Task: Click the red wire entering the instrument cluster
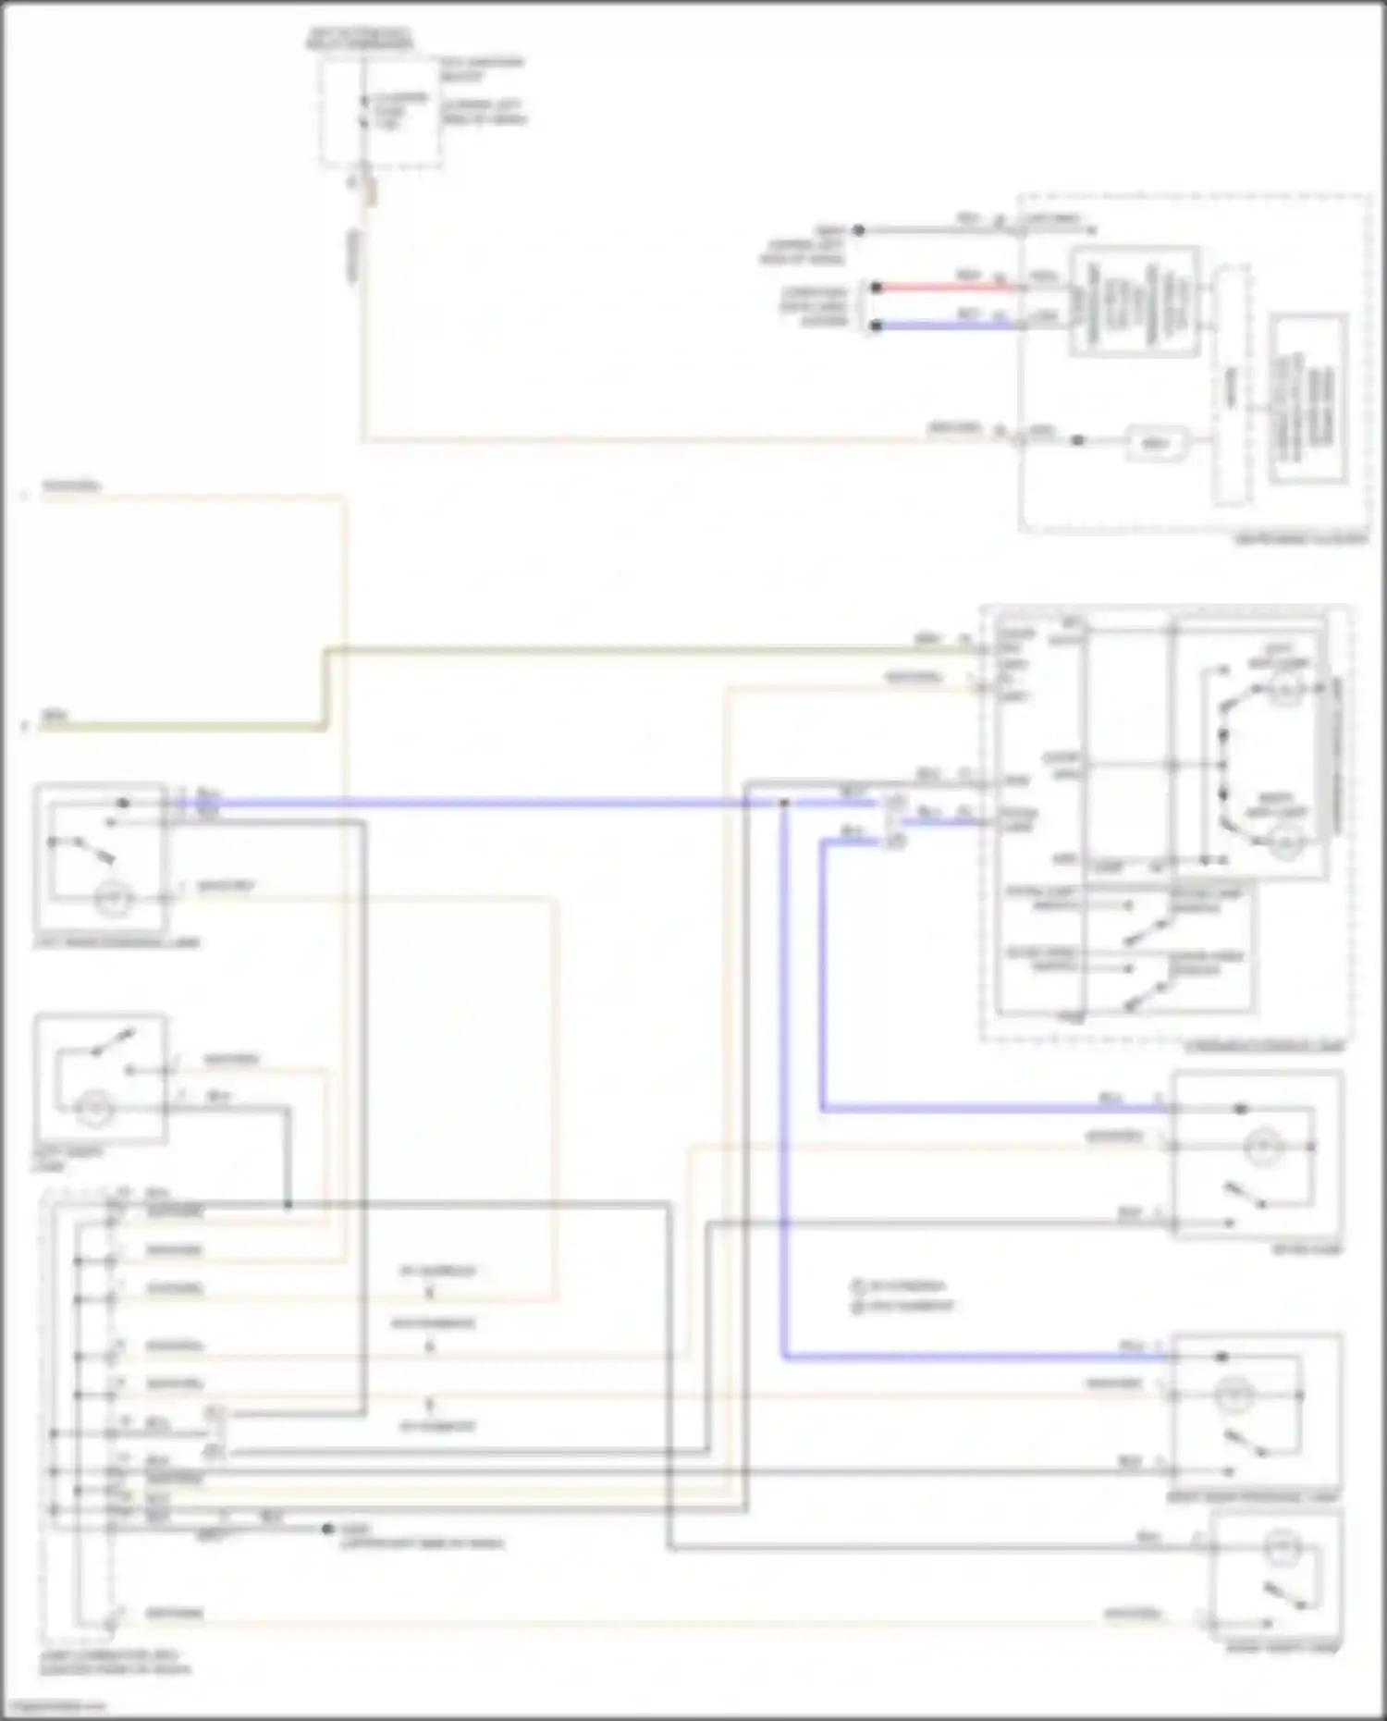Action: pos(943,288)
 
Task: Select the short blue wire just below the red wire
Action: pos(943,326)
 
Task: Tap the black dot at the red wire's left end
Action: pos(876,288)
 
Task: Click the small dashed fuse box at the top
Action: pos(380,111)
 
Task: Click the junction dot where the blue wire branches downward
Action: pos(783,804)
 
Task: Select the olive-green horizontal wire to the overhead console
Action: pos(647,651)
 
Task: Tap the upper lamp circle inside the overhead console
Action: pos(1284,688)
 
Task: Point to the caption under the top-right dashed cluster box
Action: pos(1301,539)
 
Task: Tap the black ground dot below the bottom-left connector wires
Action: pos(327,1529)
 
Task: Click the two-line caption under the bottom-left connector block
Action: pos(116,1663)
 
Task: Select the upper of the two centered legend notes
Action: pos(901,1286)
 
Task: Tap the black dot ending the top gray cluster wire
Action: pos(859,229)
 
